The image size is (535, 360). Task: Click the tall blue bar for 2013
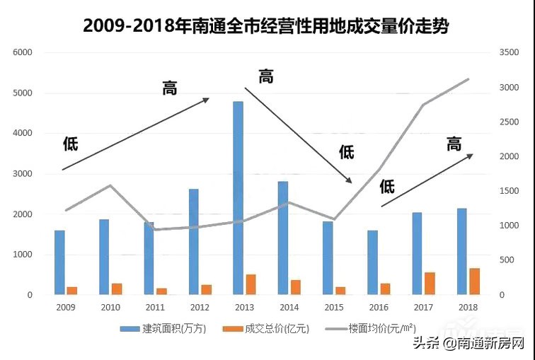(238, 198)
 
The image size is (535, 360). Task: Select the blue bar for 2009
(59, 262)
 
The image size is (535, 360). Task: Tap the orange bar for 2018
(474, 281)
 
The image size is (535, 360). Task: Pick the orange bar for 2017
(430, 283)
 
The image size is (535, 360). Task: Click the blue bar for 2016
(372, 262)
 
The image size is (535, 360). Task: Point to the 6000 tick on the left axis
(23, 53)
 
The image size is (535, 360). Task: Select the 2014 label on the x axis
(289, 308)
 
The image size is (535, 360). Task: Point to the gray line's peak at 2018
(468, 79)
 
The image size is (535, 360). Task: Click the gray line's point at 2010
(110, 185)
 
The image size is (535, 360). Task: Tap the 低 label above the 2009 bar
(70, 144)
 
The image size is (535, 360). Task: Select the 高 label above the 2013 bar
(265, 76)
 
